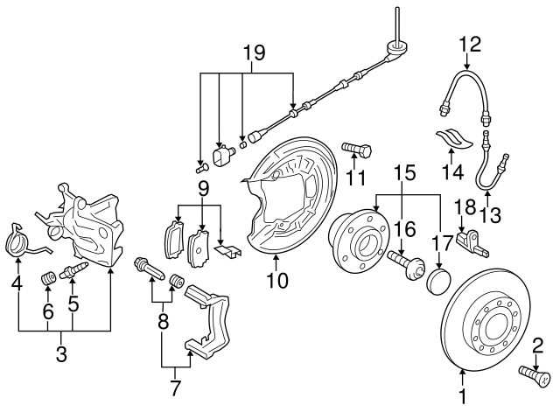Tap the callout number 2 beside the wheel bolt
click(538, 346)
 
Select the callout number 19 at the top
click(253, 55)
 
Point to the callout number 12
click(470, 41)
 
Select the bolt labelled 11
click(356, 149)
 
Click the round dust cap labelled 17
click(435, 282)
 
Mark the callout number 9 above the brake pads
click(203, 188)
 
